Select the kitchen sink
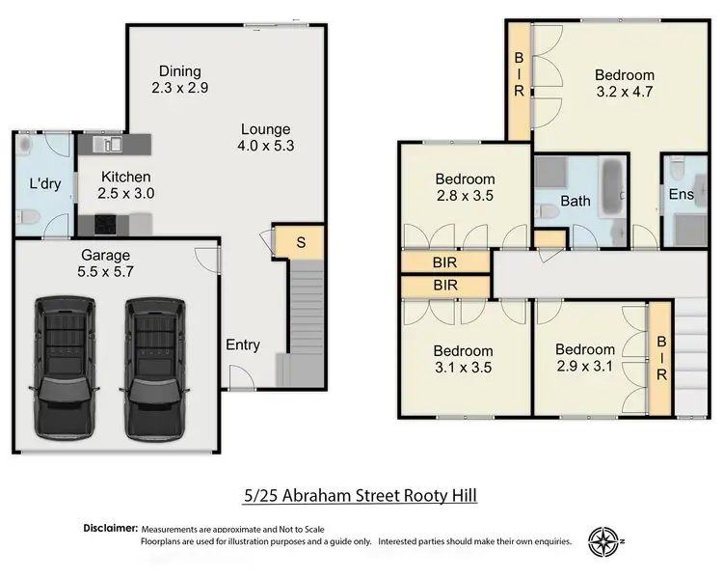tap(109, 145)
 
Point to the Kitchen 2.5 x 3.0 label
tap(125, 184)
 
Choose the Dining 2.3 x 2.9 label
tap(180, 79)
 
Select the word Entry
tap(242, 344)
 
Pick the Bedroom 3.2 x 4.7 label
tap(624, 83)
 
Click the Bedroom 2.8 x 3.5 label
tap(465, 186)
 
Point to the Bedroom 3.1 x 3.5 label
tap(465, 359)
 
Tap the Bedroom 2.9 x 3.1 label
tap(584, 358)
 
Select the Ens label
tap(681, 194)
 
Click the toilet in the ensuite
tap(680, 170)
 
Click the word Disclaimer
tap(108, 529)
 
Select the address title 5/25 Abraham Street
tap(360, 496)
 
